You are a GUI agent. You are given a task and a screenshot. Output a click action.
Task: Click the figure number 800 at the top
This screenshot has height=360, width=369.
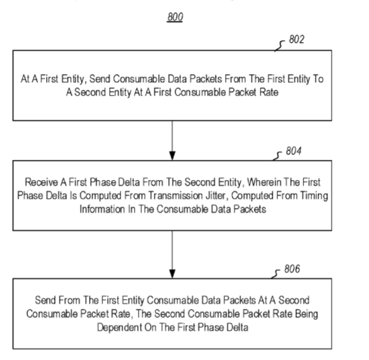click(175, 17)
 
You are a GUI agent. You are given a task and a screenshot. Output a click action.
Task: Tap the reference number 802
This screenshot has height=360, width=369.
click(297, 39)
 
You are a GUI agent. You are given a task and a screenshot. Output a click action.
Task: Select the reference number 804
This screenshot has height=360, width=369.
click(293, 151)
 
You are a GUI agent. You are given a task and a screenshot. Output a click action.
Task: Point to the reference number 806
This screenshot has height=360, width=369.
click(292, 269)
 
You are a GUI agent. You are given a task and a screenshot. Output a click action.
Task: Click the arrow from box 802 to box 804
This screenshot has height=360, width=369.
click(172, 141)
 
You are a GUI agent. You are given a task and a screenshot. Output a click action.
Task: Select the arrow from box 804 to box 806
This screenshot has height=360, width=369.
click(172, 254)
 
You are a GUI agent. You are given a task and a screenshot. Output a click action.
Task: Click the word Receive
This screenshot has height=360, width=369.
click(42, 182)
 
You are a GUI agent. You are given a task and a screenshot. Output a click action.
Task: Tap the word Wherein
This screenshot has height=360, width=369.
click(264, 182)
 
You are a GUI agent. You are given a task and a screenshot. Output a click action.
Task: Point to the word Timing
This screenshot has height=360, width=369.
click(313, 196)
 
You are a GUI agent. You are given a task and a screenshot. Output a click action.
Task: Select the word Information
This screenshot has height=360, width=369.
click(102, 209)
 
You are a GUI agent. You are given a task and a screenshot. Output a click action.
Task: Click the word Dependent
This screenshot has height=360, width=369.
click(119, 327)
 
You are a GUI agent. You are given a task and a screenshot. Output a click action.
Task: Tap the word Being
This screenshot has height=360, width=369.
click(307, 314)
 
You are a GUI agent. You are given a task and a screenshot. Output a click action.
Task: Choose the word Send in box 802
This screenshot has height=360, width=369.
click(99, 79)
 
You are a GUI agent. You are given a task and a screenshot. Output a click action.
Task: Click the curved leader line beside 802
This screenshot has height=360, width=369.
click(279, 46)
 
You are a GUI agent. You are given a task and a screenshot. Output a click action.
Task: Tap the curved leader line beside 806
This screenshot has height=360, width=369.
click(275, 274)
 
